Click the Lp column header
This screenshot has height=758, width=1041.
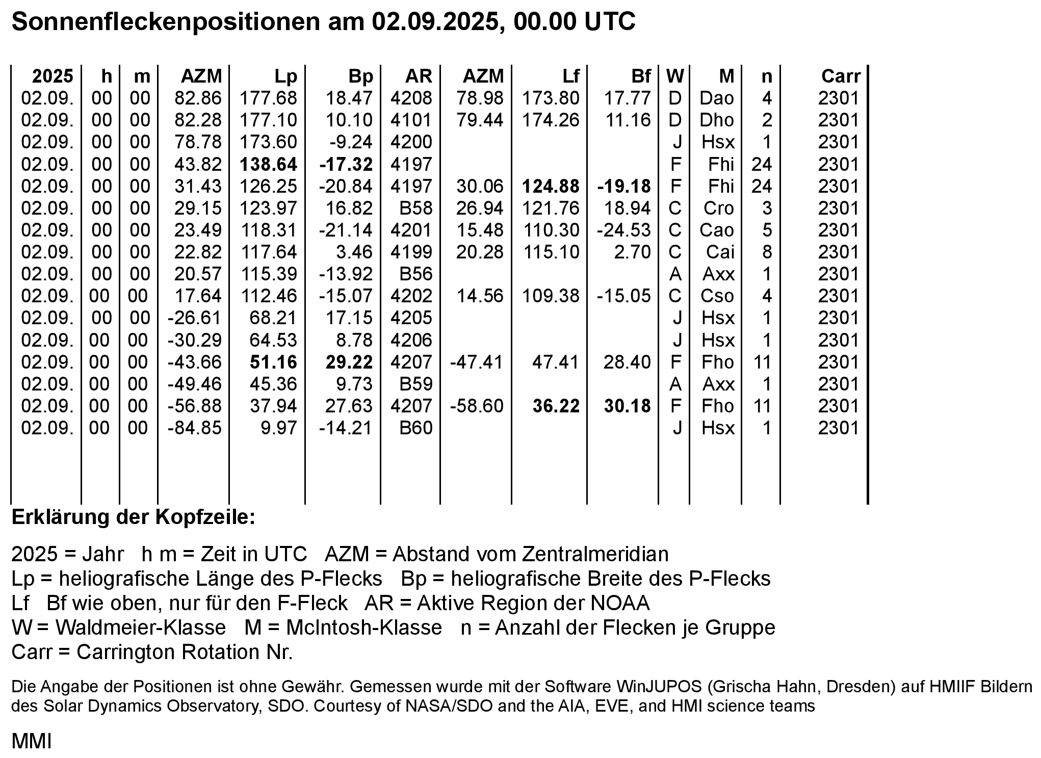point(285,76)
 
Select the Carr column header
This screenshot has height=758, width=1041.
point(841,76)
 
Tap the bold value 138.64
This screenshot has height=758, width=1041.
point(269,164)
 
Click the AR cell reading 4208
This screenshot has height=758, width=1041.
point(411,98)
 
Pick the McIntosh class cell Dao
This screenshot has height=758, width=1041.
point(717,98)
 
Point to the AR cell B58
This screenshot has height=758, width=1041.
point(415,208)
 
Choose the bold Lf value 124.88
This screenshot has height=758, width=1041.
point(551,186)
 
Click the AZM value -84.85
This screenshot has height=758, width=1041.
point(195,428)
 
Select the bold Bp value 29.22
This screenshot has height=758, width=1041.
point(349,362)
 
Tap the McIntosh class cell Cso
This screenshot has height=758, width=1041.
point(717,296)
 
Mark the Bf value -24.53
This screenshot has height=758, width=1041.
point(624,230)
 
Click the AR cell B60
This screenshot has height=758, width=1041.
point(415,428)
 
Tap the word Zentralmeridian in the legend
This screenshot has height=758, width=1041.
point(581,554)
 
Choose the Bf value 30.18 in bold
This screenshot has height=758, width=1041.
point(628,406)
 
